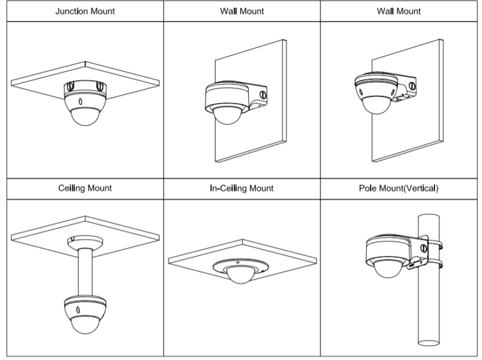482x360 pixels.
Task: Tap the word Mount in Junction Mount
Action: pos(101,11)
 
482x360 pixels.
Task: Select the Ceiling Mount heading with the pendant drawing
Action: pos(84,188)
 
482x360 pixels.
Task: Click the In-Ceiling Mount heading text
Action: pos(242,188)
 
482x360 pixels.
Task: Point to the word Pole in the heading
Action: pos(367,188)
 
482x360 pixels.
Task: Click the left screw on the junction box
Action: pos(69,87)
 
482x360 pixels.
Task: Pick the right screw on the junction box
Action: pos(99,87)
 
